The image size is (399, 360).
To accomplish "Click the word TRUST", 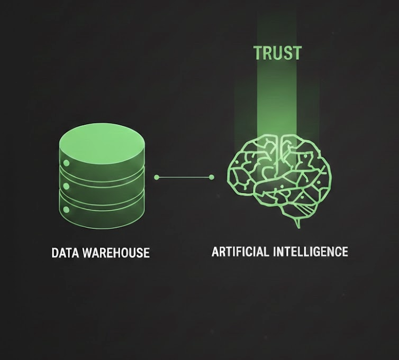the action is tap(277, 53).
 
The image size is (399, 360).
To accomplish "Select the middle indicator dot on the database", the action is tap(66, 186).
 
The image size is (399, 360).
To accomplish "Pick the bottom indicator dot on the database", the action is tap(66, 210).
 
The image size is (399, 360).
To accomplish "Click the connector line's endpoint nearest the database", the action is tap(157, 177).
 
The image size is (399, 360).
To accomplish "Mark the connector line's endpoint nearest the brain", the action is tap(212, 177).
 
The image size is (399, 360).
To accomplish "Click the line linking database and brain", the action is tap(184, 177).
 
